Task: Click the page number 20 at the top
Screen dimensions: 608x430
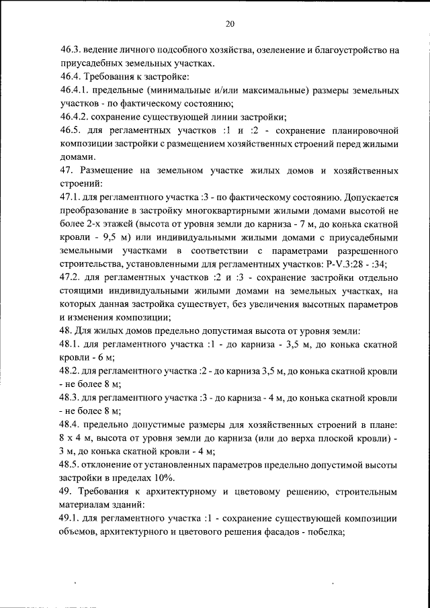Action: point(230,24)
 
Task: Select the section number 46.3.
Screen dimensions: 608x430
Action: point(71,50)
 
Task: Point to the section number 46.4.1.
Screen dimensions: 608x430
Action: point(75,89)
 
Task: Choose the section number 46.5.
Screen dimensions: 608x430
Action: point(71,129)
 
